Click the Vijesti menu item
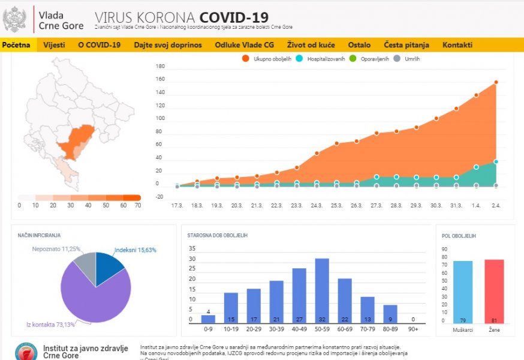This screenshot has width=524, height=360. [x=54, y=45]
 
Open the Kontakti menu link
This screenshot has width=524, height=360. [x=457, y=45]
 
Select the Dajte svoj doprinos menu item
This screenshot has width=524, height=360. [x=168, y=45]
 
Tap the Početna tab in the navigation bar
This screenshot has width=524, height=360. [x=16, y=45]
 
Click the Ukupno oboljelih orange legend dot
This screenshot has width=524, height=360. [x=246, y=59]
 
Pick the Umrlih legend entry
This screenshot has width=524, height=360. [x=408, y=59]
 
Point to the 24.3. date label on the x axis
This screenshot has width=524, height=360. [x=317, y=205]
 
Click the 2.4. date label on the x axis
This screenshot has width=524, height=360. [x=496, y=205]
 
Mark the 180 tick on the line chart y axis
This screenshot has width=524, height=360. [x=160, y=67]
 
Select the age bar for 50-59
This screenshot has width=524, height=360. [x=322, y=290]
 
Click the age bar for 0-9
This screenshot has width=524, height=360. [x=208, y=319]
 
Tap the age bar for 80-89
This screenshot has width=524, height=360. [x=390, y=314]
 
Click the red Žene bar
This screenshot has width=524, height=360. [x=494, y=292]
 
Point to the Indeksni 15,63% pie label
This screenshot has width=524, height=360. [x=135, y=250]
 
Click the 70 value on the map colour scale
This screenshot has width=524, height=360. [x=137, y=205]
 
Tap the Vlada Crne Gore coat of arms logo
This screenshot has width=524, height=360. [x=14, y=19]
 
